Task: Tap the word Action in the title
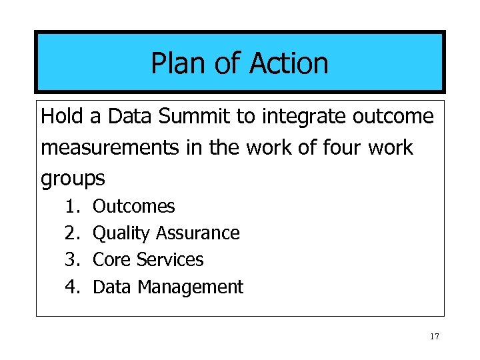289,63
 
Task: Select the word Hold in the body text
62,117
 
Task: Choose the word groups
73,179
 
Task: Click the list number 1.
72,207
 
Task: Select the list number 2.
72,233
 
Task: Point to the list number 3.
72,259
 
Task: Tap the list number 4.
72,287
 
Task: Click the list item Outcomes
133,207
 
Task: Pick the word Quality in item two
121,233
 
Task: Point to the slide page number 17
434,337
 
